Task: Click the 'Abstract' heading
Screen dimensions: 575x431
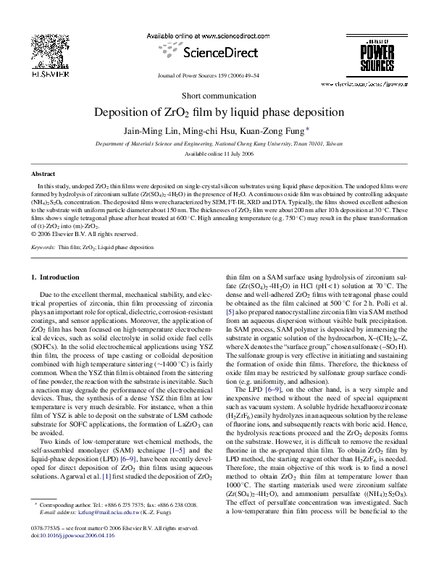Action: coord(43,175)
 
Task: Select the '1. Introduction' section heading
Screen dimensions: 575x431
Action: coord(59,277)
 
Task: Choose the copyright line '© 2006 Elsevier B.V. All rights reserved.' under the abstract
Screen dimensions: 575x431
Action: coord(85,233)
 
